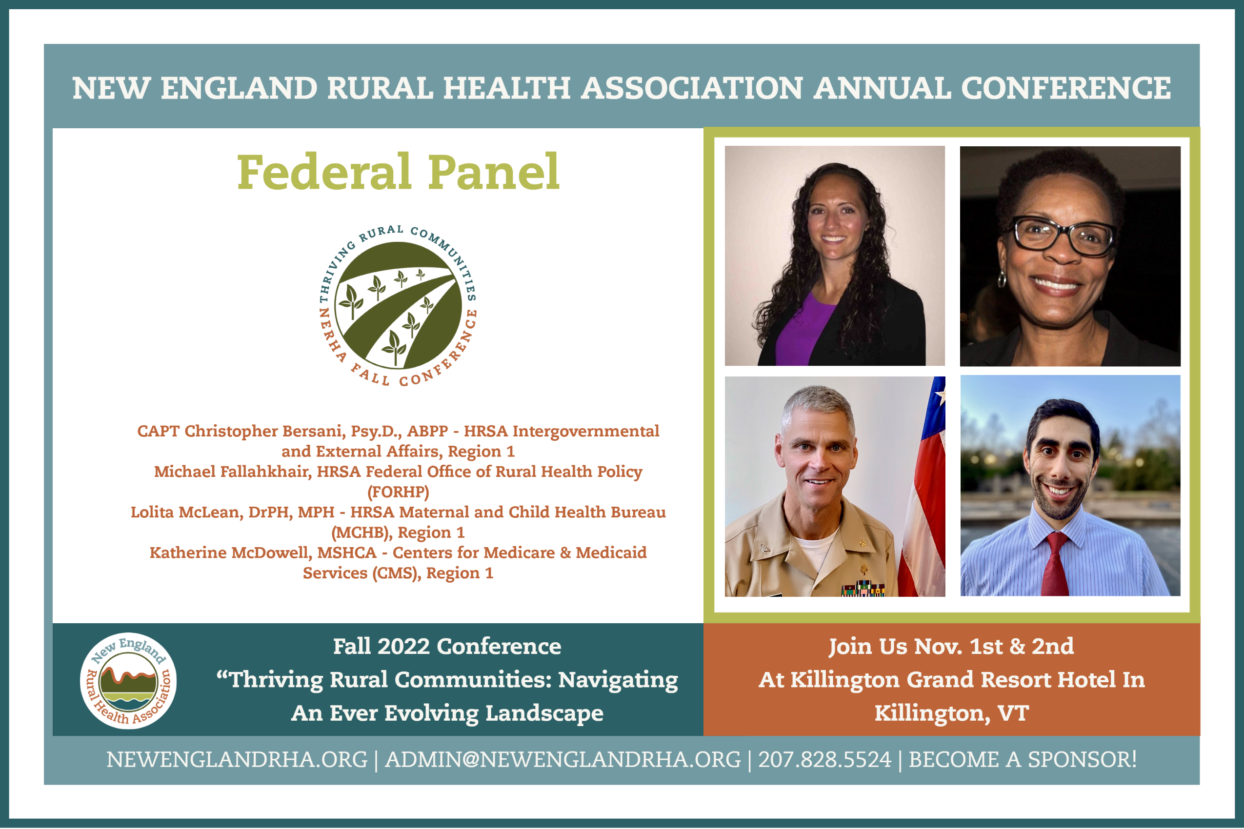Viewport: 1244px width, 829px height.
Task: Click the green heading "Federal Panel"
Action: (x=398, y=172)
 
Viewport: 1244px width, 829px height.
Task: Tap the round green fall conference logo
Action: (x=398, y=306)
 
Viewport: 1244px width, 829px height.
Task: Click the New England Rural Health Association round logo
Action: (x=128, y=680)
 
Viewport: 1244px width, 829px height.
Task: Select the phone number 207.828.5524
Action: (x=824, y=759)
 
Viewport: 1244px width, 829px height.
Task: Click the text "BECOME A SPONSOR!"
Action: (x=1023, y=759)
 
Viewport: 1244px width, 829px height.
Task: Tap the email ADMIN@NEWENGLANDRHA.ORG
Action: (x=563, y=759)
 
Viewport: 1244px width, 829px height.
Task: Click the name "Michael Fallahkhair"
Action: (x=233, y=471)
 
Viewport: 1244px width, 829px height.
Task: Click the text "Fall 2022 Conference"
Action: (x=447, y=646)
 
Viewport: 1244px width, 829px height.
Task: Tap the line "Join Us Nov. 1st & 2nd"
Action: (x=951, y=646)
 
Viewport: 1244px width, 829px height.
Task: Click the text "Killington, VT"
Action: (x=951, y=712)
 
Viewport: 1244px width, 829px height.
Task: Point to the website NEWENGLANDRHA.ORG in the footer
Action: (x=237, y=759)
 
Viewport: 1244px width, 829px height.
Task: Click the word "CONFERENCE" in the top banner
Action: (x=1066, y=88)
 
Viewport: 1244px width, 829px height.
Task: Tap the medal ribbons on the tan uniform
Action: (x=863, y=589)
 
